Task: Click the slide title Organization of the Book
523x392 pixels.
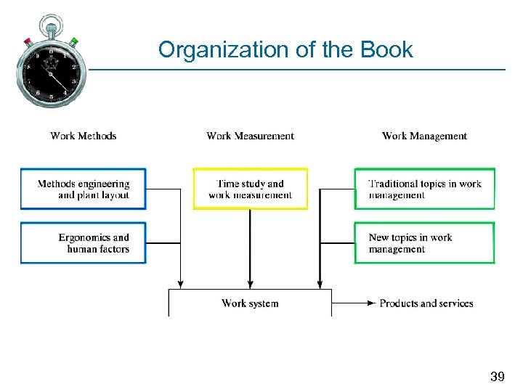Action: (285, 50)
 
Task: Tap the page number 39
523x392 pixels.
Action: (497, 377)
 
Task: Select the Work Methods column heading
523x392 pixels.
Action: (84, 136)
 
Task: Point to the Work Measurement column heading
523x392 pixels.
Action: (250, 136)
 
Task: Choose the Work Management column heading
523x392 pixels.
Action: (424, 136)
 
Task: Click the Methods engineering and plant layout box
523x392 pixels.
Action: (83, 189)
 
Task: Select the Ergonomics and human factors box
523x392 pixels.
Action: (83, 242)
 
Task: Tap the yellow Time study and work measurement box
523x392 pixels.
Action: (250, 189)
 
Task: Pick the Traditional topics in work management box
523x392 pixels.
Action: (424, 189)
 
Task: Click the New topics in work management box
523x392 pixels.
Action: (424, 242)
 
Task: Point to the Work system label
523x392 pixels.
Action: (250, 303)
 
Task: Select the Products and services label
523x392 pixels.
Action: (426, 303)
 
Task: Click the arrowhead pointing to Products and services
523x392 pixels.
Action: (372, 303)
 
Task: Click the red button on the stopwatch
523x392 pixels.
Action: (28, 41)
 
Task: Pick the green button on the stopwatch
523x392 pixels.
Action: (74, 41)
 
